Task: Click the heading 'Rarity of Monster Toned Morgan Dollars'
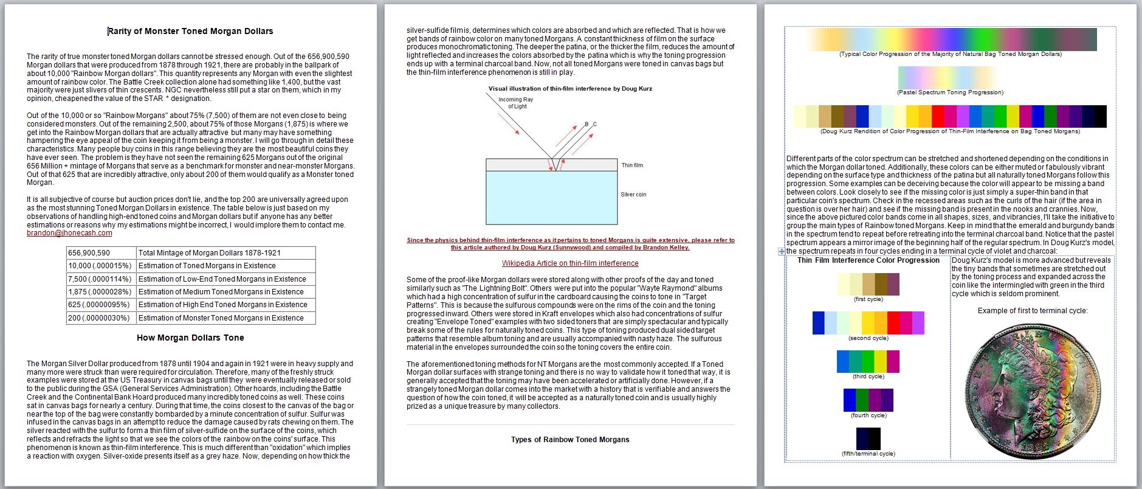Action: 190,31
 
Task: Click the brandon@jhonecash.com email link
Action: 69,233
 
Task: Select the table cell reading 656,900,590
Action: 89,253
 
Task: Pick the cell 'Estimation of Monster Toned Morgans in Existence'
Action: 221,318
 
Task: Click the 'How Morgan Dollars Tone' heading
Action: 190,338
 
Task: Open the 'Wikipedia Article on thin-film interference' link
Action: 570,263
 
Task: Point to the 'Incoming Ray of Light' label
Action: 516,103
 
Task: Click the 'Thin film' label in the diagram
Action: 632,165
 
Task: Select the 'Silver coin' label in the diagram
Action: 633,195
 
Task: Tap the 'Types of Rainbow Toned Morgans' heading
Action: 570,440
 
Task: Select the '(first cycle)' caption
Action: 868,299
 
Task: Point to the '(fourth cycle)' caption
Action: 869,415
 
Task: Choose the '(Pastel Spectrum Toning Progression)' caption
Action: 950,92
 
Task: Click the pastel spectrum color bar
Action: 947,77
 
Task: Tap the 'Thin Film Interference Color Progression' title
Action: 868,260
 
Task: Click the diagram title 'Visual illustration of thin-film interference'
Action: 570,89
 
